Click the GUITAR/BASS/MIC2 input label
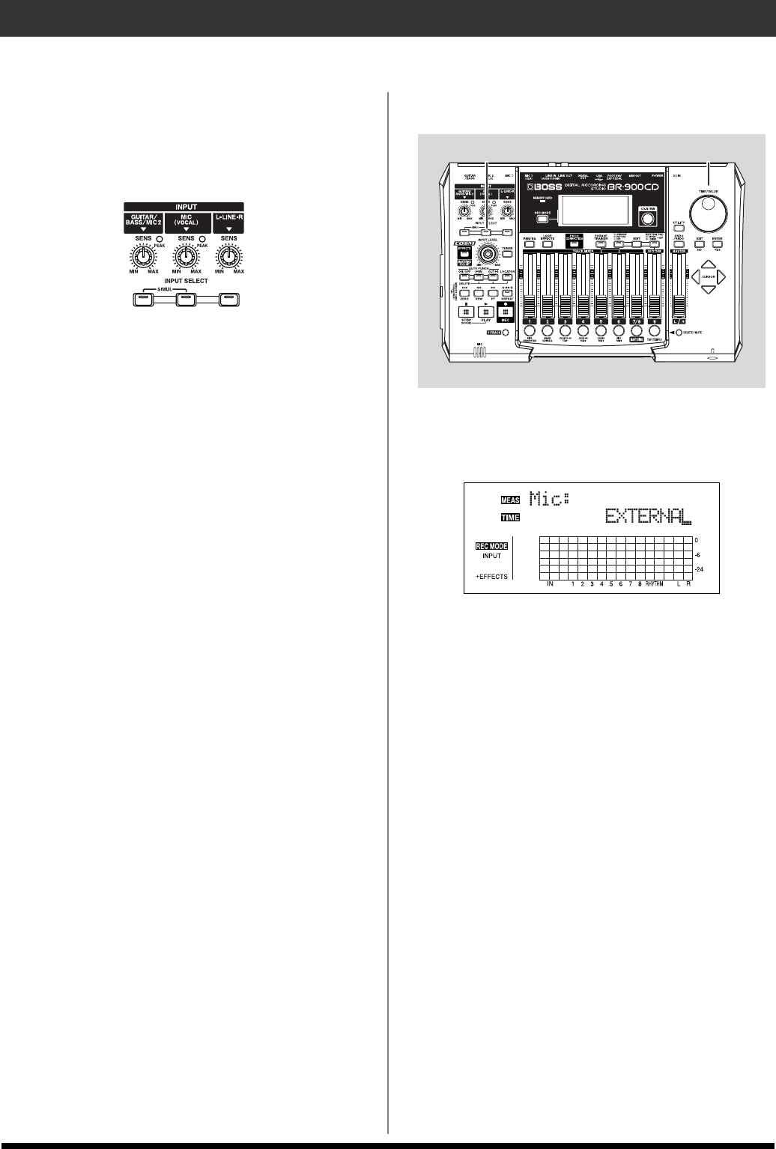pos(143,222)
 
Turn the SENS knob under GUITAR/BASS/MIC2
pos(143,258)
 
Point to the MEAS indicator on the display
pos(511,497)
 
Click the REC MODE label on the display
pos(491,546)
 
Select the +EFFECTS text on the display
pos(491,576)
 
